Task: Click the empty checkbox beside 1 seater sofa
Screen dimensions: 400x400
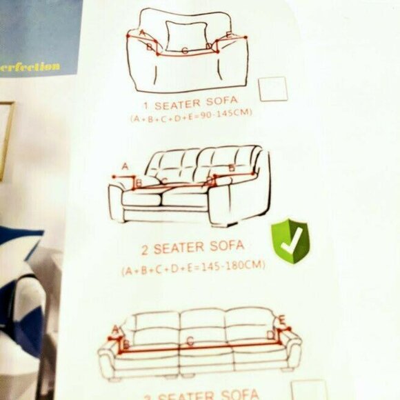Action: click(x=273, y=89)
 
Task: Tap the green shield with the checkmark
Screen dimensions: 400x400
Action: click(x=290, y=241)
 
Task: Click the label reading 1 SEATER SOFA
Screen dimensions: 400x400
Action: click(x=195, y=104)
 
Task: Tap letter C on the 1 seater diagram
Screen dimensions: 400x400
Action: click(x=185, y=50)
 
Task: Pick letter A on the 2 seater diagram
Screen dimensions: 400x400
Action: click(x=125, y=166)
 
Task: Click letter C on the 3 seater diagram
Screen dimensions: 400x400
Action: click(x=190, y=339)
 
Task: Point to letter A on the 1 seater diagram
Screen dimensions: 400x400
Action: click(x=142, y=32)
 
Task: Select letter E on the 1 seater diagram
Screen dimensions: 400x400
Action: click(x=230, y=35)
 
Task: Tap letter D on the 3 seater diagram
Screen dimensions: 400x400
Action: click(x=271, y=334)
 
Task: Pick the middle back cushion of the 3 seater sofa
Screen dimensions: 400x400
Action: click(x=202, y=318)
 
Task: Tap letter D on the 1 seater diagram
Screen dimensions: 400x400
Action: click(x=209, y=47)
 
